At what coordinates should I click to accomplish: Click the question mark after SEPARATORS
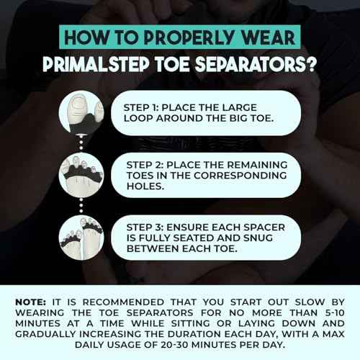point(311,64)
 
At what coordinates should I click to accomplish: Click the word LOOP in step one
point(143,117)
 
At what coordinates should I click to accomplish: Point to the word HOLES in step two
point(148,185)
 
